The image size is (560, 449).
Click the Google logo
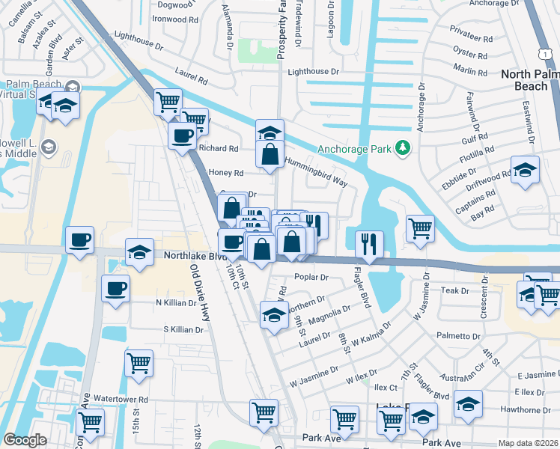[25, 440]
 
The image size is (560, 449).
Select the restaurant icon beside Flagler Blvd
[369, 242]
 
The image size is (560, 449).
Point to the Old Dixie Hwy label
[199, 293]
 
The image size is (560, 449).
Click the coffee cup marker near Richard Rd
[182, 136]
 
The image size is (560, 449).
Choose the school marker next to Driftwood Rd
[525, 169]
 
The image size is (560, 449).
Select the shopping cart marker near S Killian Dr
[139, 364]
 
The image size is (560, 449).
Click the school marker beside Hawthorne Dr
[468, 404]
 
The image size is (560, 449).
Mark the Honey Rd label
[228, 172]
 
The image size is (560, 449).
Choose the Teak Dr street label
[454, 290]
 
